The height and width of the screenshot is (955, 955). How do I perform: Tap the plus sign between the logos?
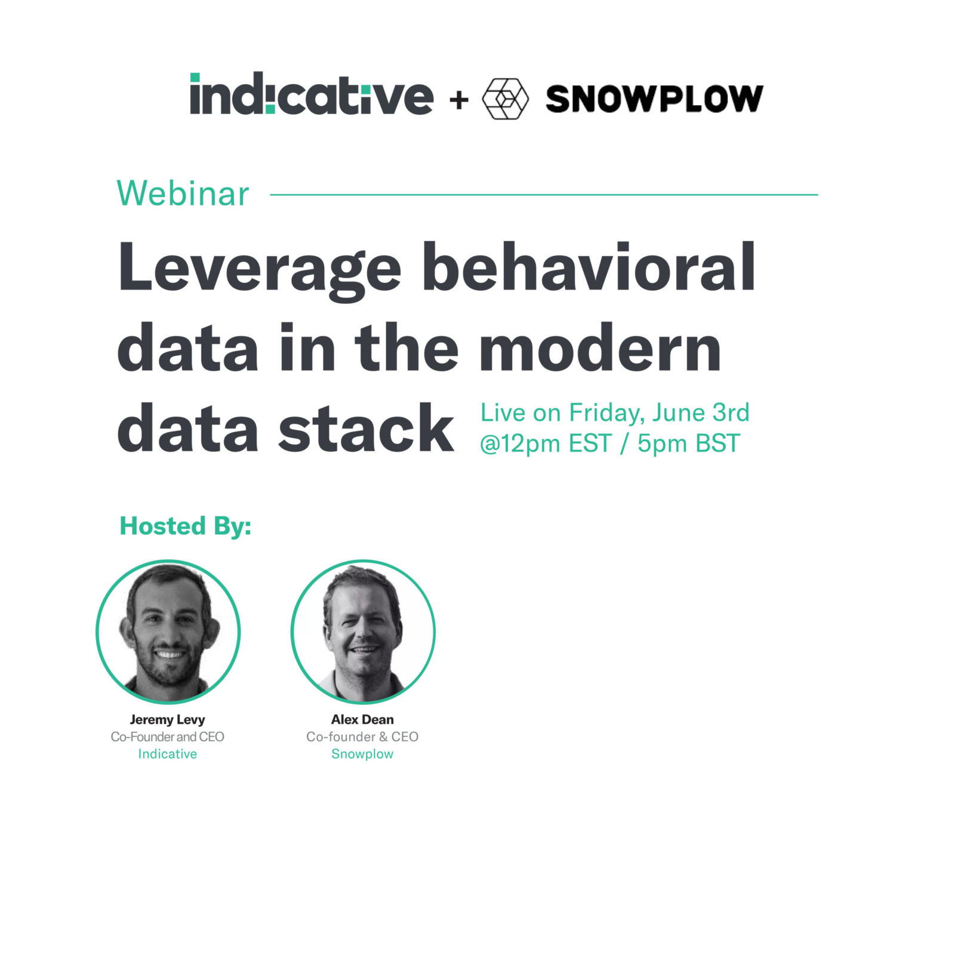(x=459, y=100)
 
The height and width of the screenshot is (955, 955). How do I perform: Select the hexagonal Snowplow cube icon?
(x=505, y=98)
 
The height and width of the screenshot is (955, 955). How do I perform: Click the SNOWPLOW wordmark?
(x=654, y=99)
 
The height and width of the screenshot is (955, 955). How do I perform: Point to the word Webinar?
(x=183, y=194)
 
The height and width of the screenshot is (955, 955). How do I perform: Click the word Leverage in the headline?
(x=260, y=269)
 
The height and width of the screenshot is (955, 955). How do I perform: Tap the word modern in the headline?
(x=600, y=349)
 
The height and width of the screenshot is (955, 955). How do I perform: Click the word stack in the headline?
(x=366, y=429)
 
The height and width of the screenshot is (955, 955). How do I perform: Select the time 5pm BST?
(x=688, y=443)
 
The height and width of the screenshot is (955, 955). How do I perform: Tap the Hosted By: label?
(x=186, y=526)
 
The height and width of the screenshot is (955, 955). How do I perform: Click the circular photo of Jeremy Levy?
(x=168, y=631)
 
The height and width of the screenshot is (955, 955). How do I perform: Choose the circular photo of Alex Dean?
(x=363, y=631)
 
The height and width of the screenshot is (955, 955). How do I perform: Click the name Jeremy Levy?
(x=167, y=719)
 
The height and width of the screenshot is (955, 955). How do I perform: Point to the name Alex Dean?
(x=362, y=719)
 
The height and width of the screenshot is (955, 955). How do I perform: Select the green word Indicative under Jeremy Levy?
(x=167, y=754)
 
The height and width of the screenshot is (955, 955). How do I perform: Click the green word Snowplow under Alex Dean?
(x=362, y=754)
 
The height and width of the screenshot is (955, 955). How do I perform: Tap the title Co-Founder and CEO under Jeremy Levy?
(x=167, y=737)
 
